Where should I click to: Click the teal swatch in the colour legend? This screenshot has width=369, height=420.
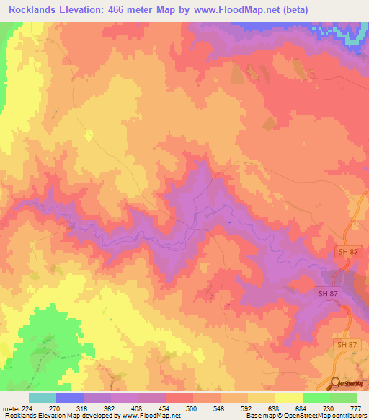pyautogui.click(x=43, y=398)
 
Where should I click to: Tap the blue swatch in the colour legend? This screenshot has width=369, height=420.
pyautogui.click(x=70, y=398)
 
